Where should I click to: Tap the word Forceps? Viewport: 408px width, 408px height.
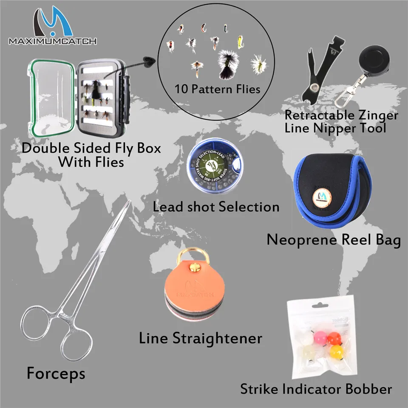(x=56, y=374)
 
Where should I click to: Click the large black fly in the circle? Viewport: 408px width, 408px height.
(x=230, y=64)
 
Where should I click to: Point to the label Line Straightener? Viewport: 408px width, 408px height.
(x=200, y=339)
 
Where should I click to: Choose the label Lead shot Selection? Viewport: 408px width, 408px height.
(x=216, y=207)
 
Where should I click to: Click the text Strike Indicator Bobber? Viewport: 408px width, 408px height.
(x=316, y=388)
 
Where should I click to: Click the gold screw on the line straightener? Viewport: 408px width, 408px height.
(x=196, y=269)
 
